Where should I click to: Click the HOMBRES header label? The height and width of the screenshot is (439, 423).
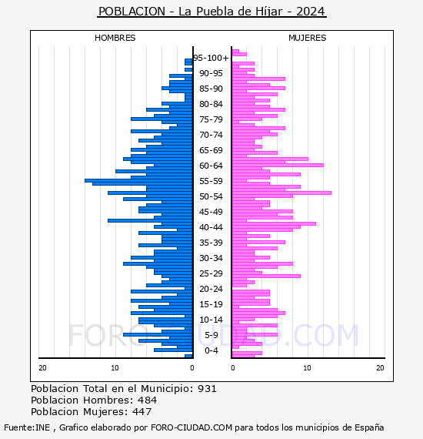(115, 38)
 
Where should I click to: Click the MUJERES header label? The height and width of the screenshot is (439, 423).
(308, 38)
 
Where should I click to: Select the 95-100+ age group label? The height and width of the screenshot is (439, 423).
(211, 58)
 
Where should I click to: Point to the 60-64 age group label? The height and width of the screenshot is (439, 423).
(211, 166)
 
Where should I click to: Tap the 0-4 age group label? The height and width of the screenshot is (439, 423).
(211, 350)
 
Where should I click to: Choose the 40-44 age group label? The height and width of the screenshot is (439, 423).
(211, 227)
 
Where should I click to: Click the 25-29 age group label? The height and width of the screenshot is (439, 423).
(211, 273)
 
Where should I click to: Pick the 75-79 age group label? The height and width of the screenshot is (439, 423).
(211, 119)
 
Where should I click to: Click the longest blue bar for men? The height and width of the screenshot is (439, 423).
(138, 180)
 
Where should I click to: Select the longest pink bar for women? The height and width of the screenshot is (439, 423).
(281, 193)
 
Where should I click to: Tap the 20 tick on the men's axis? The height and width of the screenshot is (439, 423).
(42, 368)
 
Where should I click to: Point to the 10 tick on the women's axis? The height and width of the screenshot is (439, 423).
(307, 368)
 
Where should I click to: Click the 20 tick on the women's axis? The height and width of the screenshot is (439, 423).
(380, 368)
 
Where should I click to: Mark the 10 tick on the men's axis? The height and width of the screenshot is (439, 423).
(115, 368)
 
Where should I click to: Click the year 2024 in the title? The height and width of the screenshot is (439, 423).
(311, 12)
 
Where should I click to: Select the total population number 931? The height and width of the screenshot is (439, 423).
(207, 389)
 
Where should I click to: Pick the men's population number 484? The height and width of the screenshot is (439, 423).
(148, 400)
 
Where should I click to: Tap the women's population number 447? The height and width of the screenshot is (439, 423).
(142, 411)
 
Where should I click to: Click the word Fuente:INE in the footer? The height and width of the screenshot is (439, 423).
(27, 427)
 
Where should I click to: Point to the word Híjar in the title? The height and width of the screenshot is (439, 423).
(269, 12)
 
